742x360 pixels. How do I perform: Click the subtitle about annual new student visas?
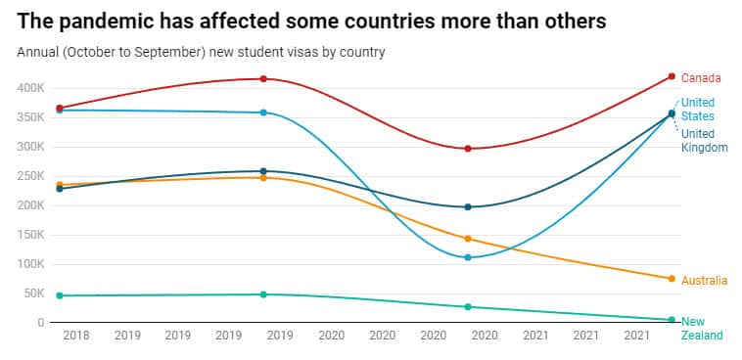click(x=201, y=52)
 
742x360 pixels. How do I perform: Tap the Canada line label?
click(x=701, y=78)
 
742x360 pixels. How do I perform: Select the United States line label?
click(x=698, y=110)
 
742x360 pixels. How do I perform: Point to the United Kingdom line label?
click(x=704, y=141)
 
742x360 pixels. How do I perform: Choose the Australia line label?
click(x=705, y=281)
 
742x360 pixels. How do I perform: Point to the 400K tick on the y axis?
click(x=29, y=88)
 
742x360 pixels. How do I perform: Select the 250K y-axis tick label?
click(x=29, y=176)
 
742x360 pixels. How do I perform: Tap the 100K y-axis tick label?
click(x=29, y=264)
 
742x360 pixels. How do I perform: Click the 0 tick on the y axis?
click(x=39, y=323)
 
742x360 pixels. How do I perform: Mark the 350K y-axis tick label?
click(x=29, y=117)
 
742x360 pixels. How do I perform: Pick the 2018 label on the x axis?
click(x=75, y=336)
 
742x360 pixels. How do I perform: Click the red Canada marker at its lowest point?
click(x=468, y=149)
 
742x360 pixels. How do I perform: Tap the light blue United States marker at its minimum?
click(x=468, y=257)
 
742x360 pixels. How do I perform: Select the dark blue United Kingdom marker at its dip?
click(x=468, y=207)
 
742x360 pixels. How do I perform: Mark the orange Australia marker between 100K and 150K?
click(x=468, y=239)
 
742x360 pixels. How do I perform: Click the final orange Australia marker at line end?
click(x=672, y=279)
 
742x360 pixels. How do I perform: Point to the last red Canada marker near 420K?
click(x=672, y=76)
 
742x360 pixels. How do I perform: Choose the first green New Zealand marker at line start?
click(x=60, y=295)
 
